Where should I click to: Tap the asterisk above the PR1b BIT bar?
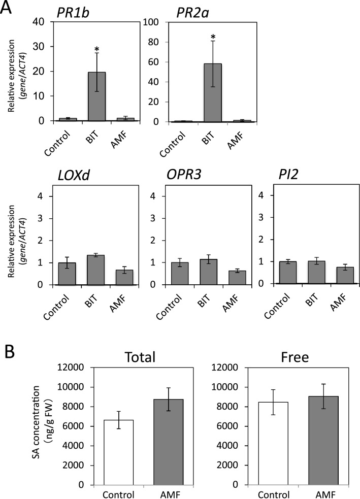96,50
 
